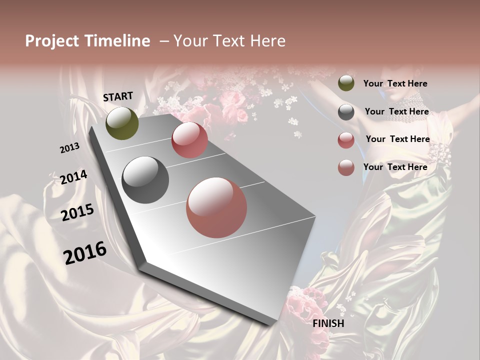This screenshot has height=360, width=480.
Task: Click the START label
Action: pos(118,96)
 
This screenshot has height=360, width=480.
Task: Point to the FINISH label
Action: pos(328,323)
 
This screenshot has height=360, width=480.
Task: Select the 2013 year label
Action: pos(70,148)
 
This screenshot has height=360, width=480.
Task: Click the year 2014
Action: pos(74,177)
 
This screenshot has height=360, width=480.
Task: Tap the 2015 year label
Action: pos(77,212)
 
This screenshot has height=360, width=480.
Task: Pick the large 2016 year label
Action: pos(85,252)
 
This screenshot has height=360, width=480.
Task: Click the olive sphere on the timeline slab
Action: pos(122,123)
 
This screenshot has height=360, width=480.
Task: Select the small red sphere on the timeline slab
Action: pos(189,140)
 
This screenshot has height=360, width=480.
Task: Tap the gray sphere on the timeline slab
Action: pos(145,180)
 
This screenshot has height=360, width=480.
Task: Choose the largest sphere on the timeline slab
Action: pos(216,207)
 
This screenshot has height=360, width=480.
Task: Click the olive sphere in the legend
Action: pos(346,83)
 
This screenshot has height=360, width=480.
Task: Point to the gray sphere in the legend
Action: pos(346,112)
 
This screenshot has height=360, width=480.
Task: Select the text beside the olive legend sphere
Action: pos(395,83)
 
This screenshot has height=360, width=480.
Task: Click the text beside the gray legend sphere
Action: pos(396,111)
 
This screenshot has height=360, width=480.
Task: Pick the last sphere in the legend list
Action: pos(346,167)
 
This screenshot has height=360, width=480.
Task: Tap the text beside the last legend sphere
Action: pos(395,167)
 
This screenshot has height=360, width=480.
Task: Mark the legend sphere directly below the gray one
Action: pos(346,140)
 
